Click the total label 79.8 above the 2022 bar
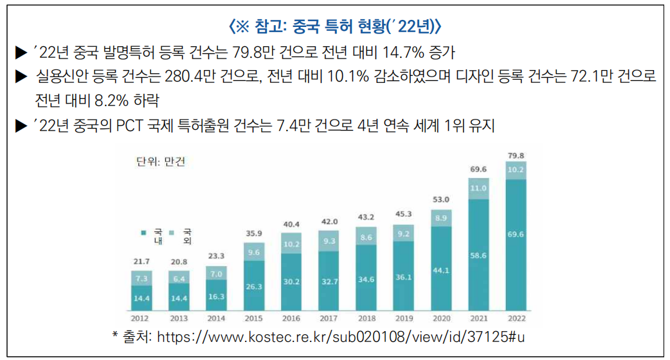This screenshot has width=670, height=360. point(516,156)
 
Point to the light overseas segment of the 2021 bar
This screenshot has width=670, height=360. point(478,188)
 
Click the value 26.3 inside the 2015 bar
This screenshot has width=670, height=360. point(254,287)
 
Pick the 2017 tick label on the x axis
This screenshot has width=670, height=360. point(329,318)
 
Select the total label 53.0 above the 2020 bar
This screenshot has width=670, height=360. point(441,199)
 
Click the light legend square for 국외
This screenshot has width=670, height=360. point(170,231)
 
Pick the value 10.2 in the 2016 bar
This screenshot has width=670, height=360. point(291,244)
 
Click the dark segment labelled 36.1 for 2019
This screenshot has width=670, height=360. point(403,277)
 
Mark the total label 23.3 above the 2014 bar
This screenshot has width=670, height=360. point(217,255)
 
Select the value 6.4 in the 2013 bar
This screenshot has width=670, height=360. point(179,279)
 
